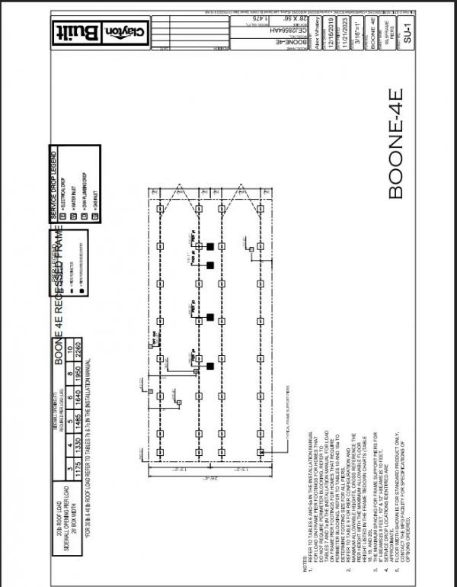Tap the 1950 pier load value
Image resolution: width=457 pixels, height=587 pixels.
69,370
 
